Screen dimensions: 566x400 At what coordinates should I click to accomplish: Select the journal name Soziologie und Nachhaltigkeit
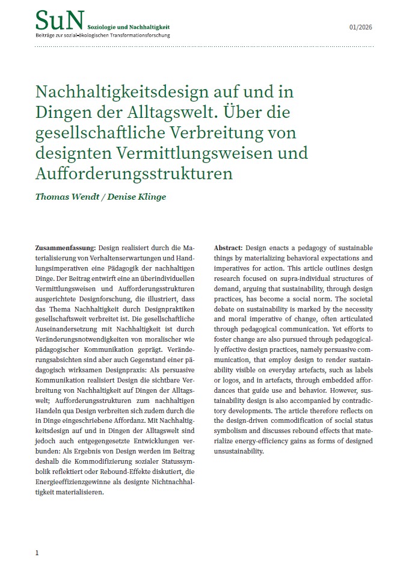(129, 28)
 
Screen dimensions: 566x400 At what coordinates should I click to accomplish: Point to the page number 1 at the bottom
(37, 552)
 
